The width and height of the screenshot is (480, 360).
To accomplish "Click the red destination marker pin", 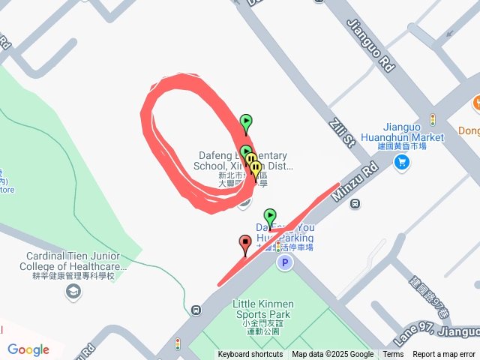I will click(x=244, y=244).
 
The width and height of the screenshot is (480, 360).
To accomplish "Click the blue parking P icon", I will click(x=284, y=262).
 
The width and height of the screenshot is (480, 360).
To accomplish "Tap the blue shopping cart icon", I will click(x=402, y=161).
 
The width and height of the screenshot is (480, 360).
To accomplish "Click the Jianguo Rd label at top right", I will click(x=370, y=45).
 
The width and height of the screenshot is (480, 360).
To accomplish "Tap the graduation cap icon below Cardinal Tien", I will click(x=73, y=291).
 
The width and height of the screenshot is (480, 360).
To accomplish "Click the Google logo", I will click(x=28, y=349).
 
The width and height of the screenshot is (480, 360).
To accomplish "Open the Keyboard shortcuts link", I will click(x=250, y=355).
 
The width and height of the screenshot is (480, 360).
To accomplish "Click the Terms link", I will click(x=393, y=355).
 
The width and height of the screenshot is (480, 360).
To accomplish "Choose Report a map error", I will click(x=445, y=355).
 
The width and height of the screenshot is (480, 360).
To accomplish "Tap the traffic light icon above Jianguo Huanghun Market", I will click(x=433, y=119).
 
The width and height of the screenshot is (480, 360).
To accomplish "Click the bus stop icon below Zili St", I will click(x=355, y=202).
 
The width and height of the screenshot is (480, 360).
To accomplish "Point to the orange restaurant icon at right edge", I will click(x=475, y=103).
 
